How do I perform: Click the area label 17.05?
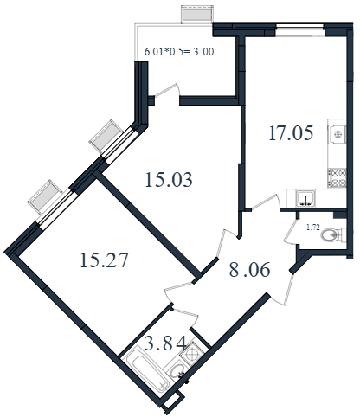click(291, 133)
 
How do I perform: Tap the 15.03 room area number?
click(169, 180)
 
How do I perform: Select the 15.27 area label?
click(104, 260)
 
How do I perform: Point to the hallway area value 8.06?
click(250, 270)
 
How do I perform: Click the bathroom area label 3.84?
click(165, 343)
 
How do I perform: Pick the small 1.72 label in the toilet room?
click(313, 228)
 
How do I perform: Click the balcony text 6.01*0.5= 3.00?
click(179, 52)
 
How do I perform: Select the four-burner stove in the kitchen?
click(337, 177)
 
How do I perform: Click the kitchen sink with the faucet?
click(305, 199)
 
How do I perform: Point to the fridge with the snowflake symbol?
click(337, 134)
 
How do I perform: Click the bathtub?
click(146, 369)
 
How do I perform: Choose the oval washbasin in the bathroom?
click(176, 370)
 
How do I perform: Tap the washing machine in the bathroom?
click(190, 353)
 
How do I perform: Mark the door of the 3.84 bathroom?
click(185, 317)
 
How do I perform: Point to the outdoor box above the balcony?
click(197, 14)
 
